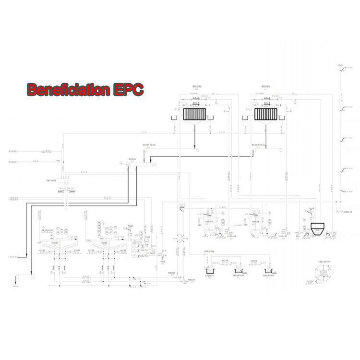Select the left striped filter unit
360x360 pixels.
coord(194,114)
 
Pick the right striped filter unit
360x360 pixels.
coord(265,114)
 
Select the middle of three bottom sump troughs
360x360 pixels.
coord(239,272)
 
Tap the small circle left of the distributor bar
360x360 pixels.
coord(121,164)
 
